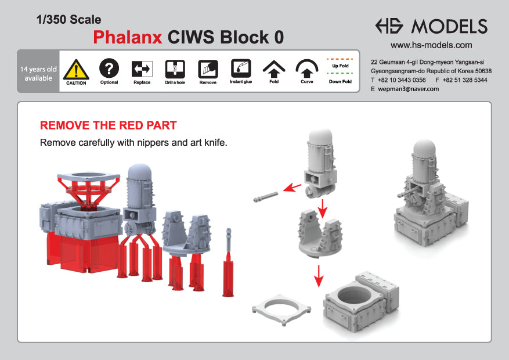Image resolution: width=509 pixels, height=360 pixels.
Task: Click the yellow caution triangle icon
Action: [x=76, y=69]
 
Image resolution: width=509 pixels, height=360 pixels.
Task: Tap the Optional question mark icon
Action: [x=109, y=69]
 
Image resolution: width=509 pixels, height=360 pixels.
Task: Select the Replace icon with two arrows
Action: [x=142, y=69]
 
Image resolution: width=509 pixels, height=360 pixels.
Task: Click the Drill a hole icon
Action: [x=175, y=69]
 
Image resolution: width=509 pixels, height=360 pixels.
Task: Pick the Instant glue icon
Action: [x=241, y=69]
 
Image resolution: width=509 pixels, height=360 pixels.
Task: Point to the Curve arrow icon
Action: [x=307, y=69]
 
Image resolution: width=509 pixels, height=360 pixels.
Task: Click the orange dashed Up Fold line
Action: [x=340, y=59]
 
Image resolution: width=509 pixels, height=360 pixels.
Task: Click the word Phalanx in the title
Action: [x=128, y=37]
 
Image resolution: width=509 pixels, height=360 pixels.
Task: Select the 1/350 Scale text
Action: [x=68, y=20]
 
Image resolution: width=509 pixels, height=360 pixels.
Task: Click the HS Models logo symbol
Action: [x=390, y=26]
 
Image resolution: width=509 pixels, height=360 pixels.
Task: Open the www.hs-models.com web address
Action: [x=431, y=45]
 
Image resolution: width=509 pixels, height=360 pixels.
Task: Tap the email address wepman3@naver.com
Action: [x=408, y=89]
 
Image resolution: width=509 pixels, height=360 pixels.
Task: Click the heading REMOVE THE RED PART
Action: [x=108, y=125]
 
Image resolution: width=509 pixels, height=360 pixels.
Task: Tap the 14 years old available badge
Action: [x=38, y=73]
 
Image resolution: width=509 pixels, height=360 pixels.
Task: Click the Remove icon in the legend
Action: [x=208, y=69]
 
